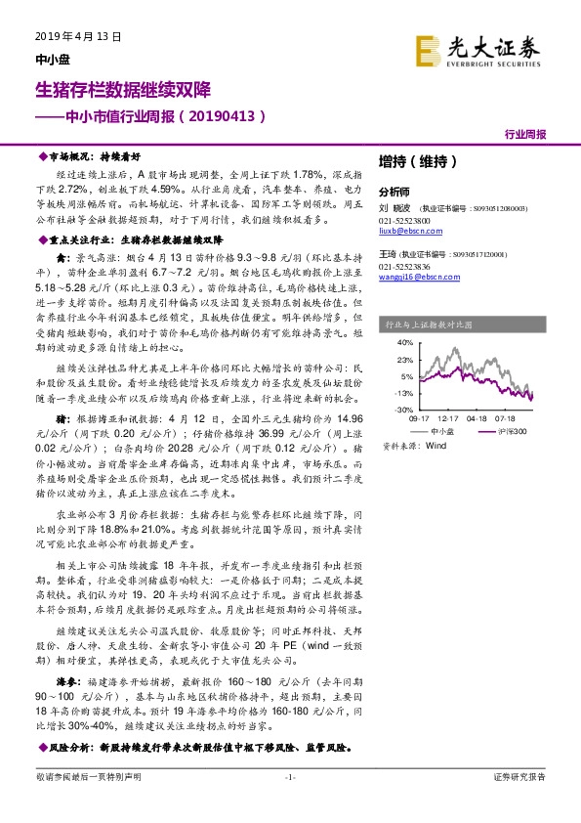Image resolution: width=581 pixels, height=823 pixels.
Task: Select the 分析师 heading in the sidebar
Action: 394,192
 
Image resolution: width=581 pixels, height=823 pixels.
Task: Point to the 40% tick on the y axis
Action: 404,344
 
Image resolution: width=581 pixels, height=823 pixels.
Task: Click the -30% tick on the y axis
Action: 403,409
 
